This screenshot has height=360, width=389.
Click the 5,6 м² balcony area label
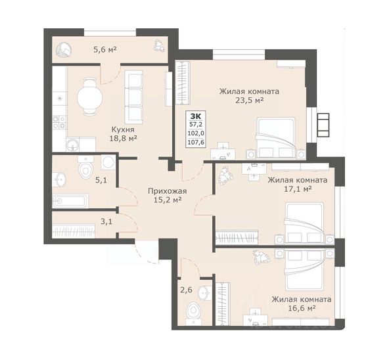[105, 50]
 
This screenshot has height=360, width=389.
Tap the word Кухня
[123, 129]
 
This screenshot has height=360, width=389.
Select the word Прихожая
[167, 191]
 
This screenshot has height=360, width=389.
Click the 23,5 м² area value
[249, 101]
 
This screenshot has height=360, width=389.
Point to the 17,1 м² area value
[298, 189]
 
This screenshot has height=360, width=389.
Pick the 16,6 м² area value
[302, 308]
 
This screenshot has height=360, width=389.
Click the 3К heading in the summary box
[196, 116]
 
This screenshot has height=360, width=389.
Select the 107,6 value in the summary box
[196, 143]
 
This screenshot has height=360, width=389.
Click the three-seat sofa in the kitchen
[134, 97]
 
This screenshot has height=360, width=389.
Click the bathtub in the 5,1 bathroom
[70, 201]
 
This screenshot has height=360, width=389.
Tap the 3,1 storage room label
[106, 221]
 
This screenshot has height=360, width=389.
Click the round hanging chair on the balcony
[64, 51]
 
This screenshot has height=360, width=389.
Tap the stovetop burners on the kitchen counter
[60, 123]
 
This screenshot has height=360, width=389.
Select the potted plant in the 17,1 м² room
[226, 176]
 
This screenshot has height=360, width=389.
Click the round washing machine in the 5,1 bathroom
[108, 162]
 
